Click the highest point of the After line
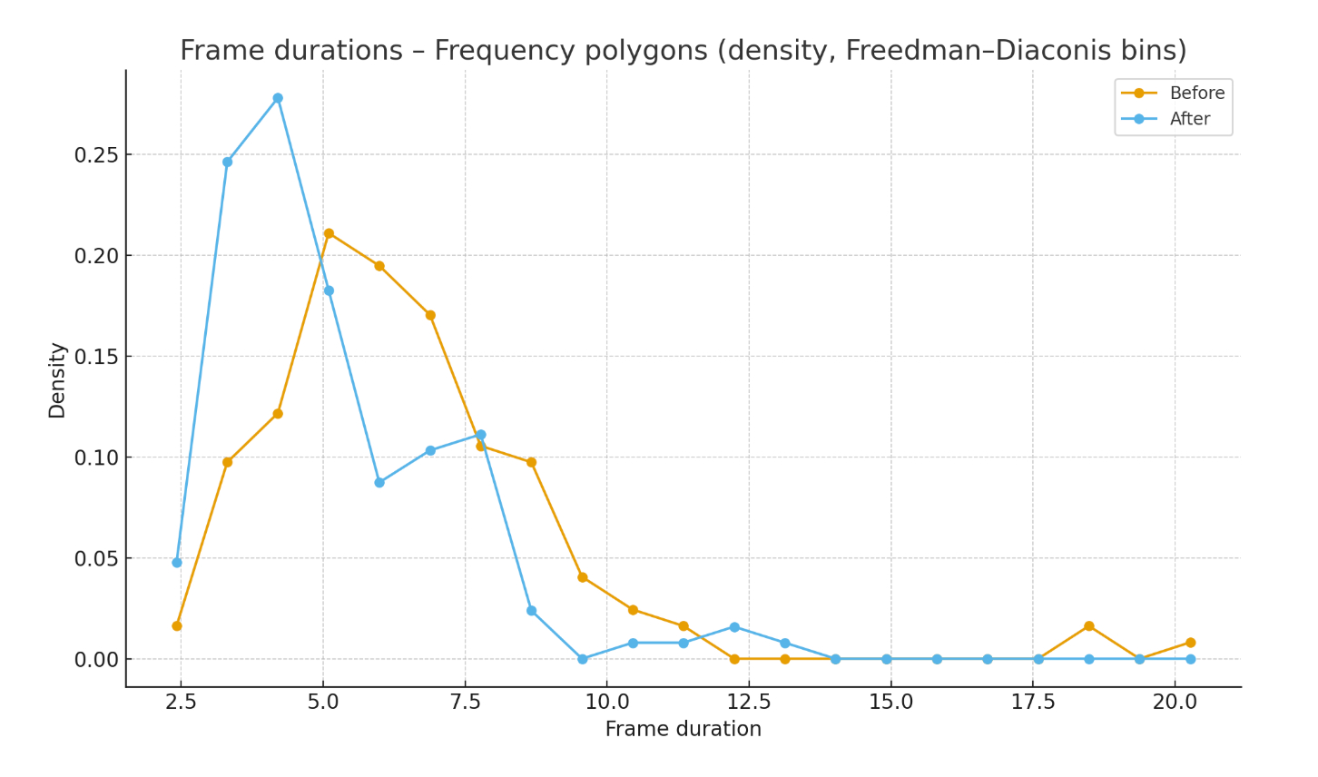tap(278, 98)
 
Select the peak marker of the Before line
tap(329, 233)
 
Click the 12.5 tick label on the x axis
tap(749, 702)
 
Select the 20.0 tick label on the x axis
tap(1175, 702)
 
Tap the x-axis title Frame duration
tap(683, 730)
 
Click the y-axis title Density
tap(57, 380)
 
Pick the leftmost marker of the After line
tap(177, 563)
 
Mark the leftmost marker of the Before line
tap(177, 625)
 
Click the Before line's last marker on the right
tap(1190, 643)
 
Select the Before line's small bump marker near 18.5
tap(1088, 626)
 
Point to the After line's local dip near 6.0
tap(379, 483)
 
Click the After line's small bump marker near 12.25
tap(734, 627)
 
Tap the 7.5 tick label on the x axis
tap(465, 702)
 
